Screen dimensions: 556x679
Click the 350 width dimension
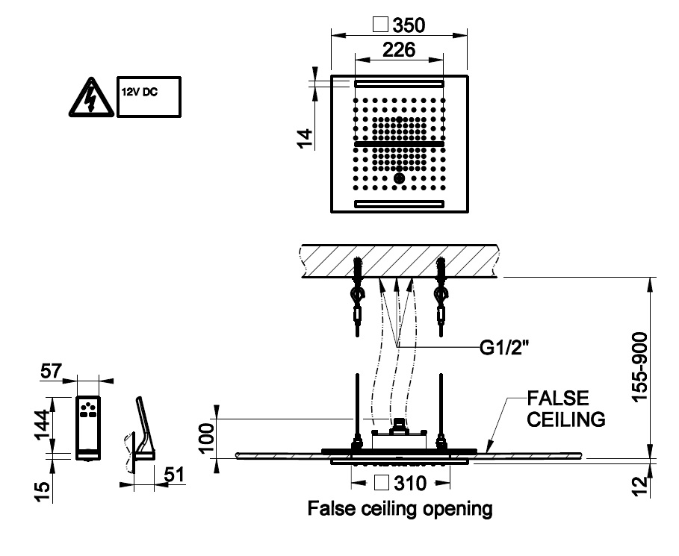point(409,25)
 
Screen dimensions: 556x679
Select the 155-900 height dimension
point(640,367)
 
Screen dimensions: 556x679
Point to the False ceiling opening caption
point(400,510)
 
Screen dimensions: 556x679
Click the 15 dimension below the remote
point(43,490)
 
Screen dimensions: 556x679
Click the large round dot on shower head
point(399,178)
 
